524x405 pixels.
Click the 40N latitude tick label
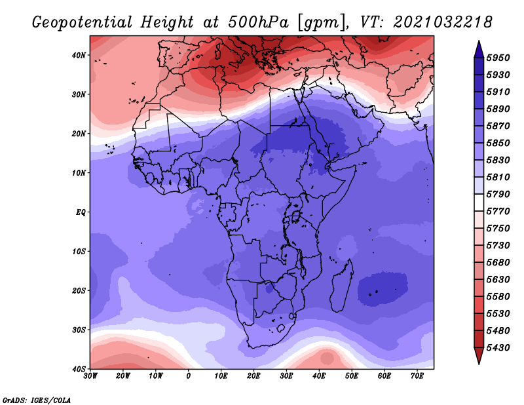click(78, 55)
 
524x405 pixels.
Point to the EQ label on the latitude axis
click(81, 212)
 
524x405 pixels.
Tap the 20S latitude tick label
click(79, 290)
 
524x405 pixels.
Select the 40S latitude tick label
click(79, 369)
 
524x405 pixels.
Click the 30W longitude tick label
click(90, 376)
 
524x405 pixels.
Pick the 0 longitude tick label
click(189, 376)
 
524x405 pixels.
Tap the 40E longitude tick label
click(319, 376)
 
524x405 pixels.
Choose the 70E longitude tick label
click(417, 376)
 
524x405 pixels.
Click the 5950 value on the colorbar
click(498, 58)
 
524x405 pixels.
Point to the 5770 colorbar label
click(498, 212)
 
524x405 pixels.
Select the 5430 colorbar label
click(498, 348)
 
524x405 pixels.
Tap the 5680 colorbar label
click(498, 263)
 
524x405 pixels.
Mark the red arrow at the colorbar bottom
click(479, 355)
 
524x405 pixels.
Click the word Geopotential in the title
click(83, 23)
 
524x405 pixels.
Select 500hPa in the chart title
click(258, 22)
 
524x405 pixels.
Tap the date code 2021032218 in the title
click(443, 22)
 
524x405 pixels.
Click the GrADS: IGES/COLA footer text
click(37, 400)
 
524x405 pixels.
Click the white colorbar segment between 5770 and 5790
click(479, 202)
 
